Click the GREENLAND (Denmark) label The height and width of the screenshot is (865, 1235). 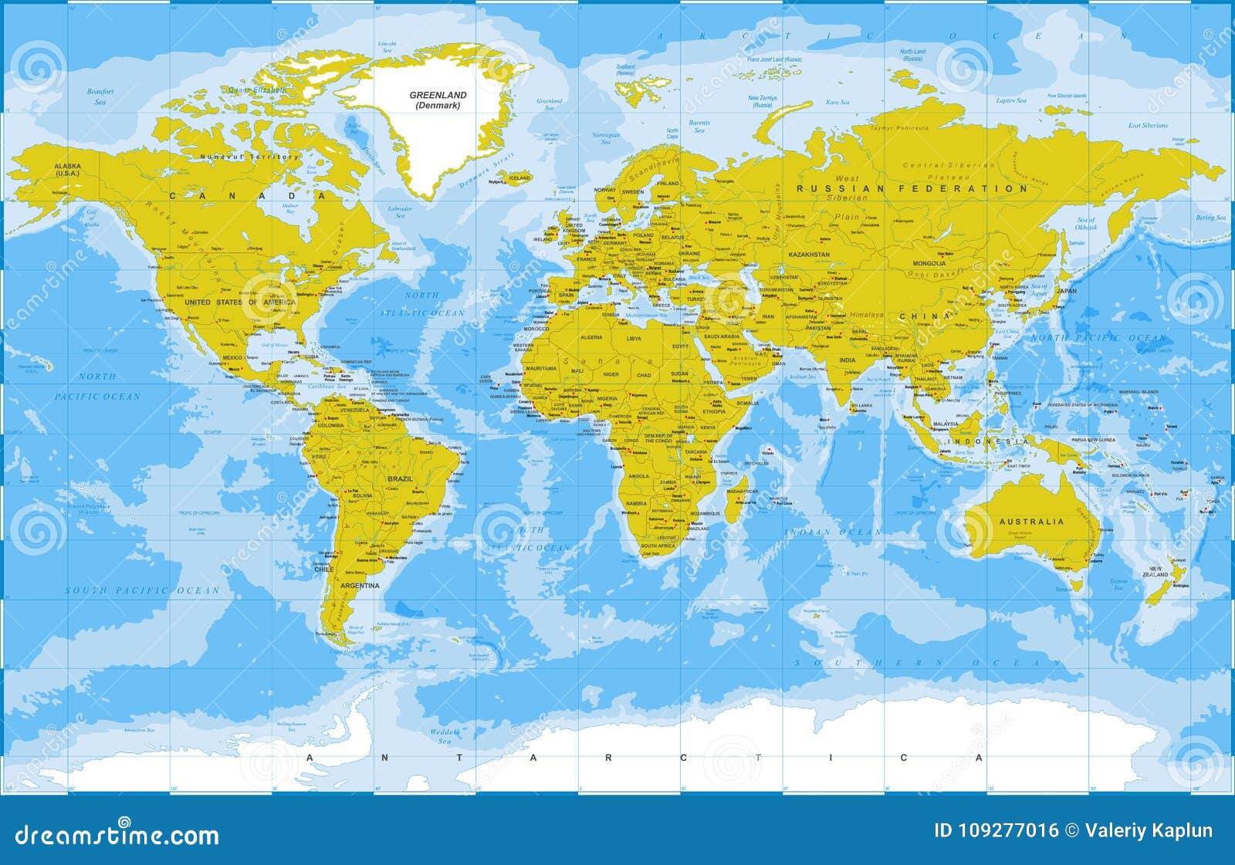(x=438, y=100)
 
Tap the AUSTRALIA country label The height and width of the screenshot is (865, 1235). (x=1031, y=522)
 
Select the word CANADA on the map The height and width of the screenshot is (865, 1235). (x=248, y=196)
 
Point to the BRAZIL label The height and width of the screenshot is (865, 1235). (x=400, y=479)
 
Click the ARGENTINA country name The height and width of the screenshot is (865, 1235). (x=360, y=586)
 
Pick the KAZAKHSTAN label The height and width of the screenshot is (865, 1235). (x=809, y=254)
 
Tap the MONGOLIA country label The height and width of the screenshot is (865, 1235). (x=929, y=263)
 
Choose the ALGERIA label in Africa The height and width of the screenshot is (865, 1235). (x=590, y=338)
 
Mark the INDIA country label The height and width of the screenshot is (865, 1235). (x=848, y=360)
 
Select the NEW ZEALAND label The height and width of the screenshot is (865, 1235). (x=1155, y=572)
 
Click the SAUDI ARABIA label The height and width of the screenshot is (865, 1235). (x=722, y=336)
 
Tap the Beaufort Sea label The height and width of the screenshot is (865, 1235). (x=100, y=96)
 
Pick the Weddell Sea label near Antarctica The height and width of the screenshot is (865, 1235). (x=445, y=736)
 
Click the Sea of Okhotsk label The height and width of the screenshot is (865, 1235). (x=1086, y=224)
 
